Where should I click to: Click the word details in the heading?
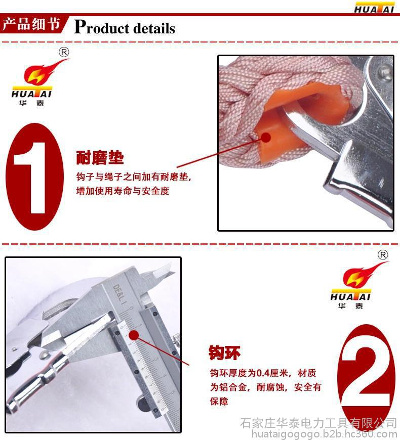pyautogui.click(x=154, y=28)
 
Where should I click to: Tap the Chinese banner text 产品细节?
pyautogui.click(x=31, y=24)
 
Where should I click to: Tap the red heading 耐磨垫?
pyautogui.click(x=100, y=158)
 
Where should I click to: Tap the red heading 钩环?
pyautogui.click(x=224, y=353)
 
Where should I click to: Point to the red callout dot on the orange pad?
pyautogui.click(x=265, y=138)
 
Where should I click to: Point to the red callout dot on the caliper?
pyautogui.click(x=134, y=335)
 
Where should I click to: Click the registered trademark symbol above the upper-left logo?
pyautogui.click(x=64, y=52)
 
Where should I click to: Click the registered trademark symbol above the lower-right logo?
pyautogui.click(x=383, y=255)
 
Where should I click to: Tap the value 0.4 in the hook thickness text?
pyautogui.click(x=263, y=373)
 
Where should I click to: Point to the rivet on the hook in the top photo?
pyautogui.click(x=385, y=70)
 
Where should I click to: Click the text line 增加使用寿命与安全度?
pyautogui.click(x=123, y=191)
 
